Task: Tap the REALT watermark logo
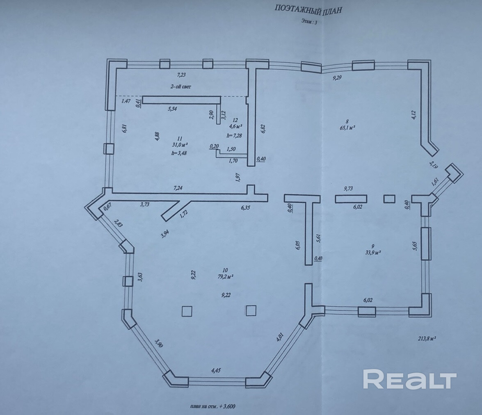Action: [410, 379]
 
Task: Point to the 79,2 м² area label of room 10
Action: [225, 276]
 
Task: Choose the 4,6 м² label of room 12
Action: [235, 126]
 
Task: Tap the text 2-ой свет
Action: [181, 87]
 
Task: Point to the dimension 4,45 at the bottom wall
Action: [215, 370]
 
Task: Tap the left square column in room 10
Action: [187, 311]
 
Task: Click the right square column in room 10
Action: [251, 311]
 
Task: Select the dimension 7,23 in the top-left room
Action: [181, 75]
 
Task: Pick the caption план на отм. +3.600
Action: [213, 406]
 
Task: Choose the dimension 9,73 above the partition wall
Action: [349, 189]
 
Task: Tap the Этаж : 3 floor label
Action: [308, 23]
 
